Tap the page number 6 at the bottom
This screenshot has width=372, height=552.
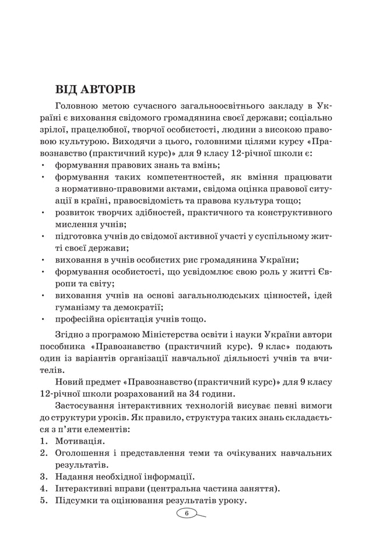point(186,513)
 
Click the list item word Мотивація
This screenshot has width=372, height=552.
point(80,441)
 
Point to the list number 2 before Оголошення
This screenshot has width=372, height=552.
point(43,453)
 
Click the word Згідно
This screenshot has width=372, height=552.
point(71,334)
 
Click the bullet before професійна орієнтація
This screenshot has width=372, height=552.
point(44,319)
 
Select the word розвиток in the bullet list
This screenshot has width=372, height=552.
point(76,212)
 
